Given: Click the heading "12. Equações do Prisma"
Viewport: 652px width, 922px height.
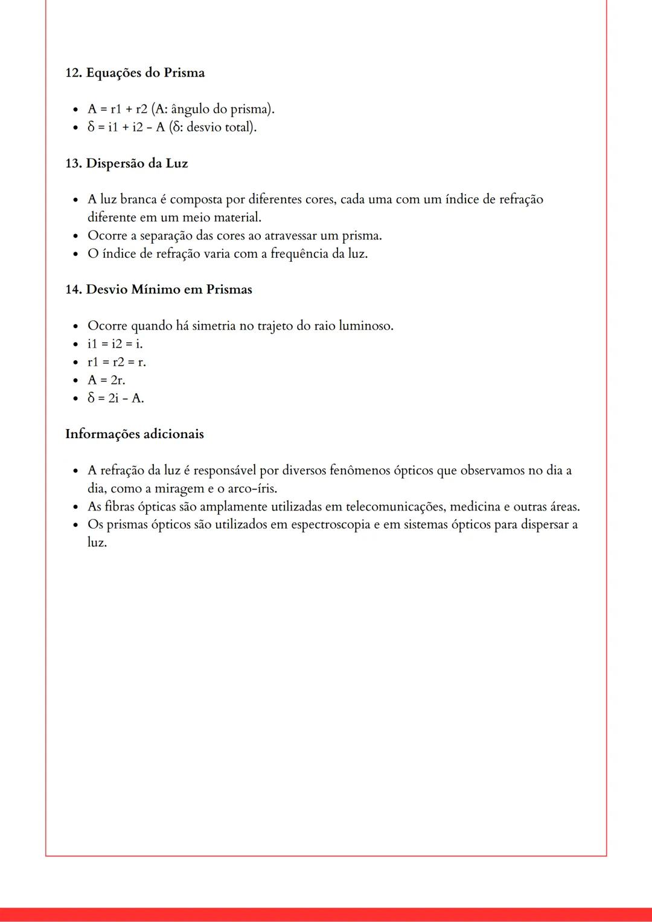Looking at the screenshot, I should pos(135,73).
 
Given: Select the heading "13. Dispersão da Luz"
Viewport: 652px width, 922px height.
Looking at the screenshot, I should pos(126,164).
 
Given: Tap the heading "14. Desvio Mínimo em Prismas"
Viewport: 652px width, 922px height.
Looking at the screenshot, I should pos(158,290).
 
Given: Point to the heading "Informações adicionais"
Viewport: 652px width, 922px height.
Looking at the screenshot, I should pos(134,434).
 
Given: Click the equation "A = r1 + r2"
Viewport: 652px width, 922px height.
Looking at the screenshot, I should pos(117,109).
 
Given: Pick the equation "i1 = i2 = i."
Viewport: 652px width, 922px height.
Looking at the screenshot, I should pos(115,344).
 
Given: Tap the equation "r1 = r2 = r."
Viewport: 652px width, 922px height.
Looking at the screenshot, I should pos(117,362).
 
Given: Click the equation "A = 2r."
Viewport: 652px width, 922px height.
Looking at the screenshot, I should pos(106,380).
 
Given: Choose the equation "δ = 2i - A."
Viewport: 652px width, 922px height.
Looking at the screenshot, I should pos(115,398).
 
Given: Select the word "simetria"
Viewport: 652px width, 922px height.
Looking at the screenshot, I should pos(214,326).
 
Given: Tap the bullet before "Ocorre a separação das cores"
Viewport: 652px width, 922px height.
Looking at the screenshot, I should pos(75,236).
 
